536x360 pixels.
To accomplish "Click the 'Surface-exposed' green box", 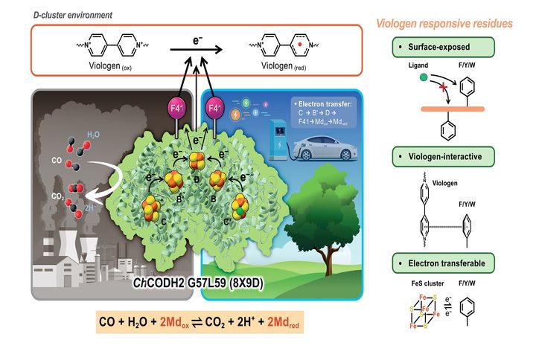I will [x=441, y=48].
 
